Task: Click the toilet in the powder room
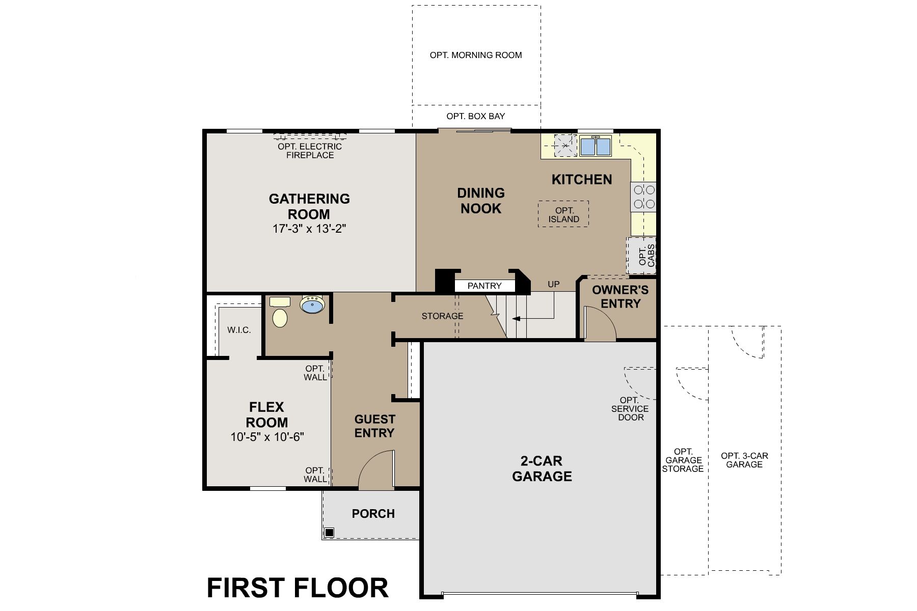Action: tap(280, 315)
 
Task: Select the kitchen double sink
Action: tap(595, 147)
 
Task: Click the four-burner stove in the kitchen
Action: tap(643, 198)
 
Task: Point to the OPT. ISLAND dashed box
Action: tap(563, 214)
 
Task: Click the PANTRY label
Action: tap(484, 286)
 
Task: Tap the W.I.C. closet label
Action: tap(239, 330)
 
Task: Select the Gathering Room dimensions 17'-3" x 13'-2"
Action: tap(309, 229)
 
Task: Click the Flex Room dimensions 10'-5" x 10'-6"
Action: tap(267, 437)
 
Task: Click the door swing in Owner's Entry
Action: tap(600, 326)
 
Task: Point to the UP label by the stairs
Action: tap(553, 284)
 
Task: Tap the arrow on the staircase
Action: tap(516, 319)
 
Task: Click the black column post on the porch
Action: tap(329, 533)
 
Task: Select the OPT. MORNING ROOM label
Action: tap(476, 55)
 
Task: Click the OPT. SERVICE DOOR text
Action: tap(630, 409)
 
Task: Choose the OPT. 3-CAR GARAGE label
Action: tap(744, 460)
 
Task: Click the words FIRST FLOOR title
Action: tap(297, 588)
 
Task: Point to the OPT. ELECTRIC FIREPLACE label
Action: tap(310, 151)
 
